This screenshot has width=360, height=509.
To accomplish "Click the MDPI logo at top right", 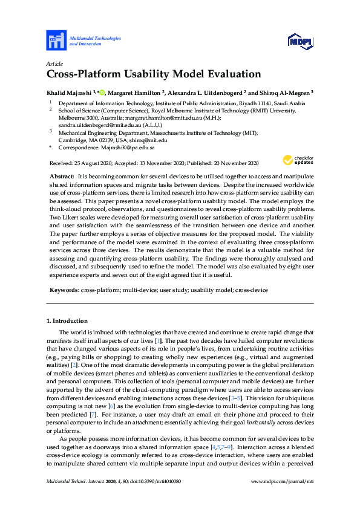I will point(300,41).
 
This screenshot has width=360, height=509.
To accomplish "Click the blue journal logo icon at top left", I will point(56,41).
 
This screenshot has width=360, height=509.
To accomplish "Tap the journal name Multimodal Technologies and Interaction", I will point(95,41).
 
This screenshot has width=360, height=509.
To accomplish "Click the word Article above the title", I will point(53,63).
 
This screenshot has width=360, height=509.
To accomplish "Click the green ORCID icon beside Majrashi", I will point(102,92).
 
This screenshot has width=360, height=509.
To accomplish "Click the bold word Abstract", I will point(61,174).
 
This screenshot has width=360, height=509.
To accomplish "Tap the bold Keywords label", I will point(64,290).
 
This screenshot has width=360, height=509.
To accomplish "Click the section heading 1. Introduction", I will point(67,320).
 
